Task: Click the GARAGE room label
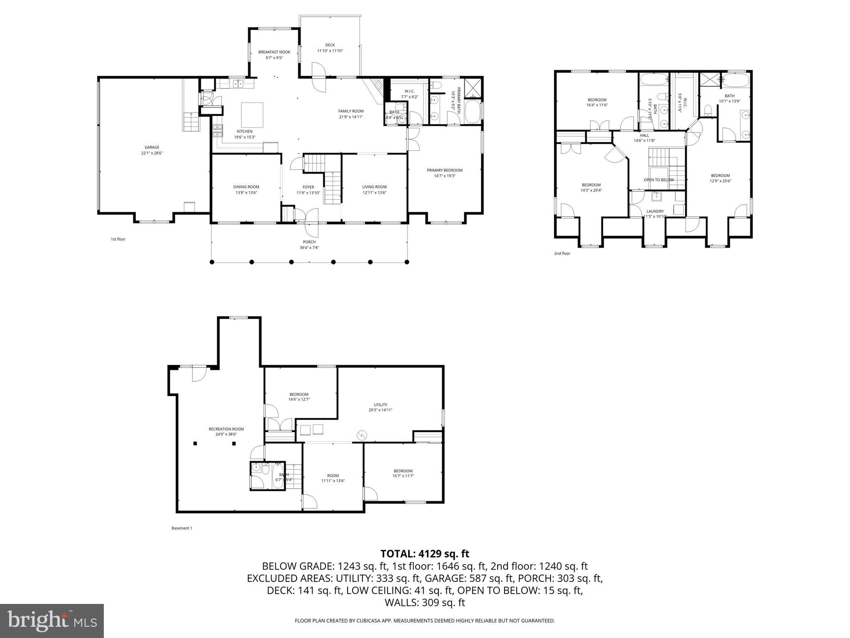[x=152, y=147]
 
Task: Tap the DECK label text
[x=330, y=45]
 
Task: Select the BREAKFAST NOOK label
[x=274, y=52]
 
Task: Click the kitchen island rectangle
[x=252, y=115]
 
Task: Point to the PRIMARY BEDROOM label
[x=444, y=170]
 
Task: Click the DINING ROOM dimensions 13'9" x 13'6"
[x=246, y=192]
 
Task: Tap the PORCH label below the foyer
[x=309, y=242]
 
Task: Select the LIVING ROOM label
[x=374, y=186]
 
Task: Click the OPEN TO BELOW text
[x=659, y=180]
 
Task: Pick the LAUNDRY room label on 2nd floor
[x=655, y=211]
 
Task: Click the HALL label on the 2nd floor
[x=644, y=135]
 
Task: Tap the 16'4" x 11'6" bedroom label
[x=597, y=105]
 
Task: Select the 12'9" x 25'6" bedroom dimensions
[x=720, y=181]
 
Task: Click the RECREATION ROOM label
[x=226, y=429]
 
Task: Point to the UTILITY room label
[x=380, y=405]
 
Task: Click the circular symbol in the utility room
[x=362, y=435]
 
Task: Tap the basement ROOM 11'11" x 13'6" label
[x=333, y=476]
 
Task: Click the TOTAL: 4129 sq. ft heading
[x=424, y=554]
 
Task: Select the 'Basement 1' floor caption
[x=181, y=528]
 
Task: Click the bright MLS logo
[x=51, y=621]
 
